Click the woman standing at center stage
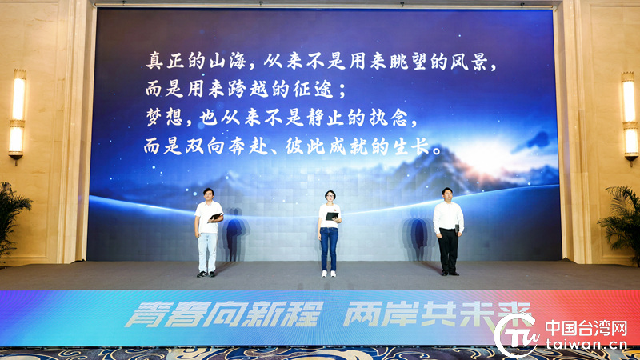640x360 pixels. (x=329, y=233)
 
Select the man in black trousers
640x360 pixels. (x=448, y=231)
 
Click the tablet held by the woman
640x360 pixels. (x=331, y=216)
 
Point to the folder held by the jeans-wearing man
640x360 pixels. (x=215, y=217)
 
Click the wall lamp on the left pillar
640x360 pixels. (x=17, y=116)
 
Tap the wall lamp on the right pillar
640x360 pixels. (x=630, y=118)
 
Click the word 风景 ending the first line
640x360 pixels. (x=469, y=62)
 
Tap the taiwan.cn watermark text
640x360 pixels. (x=586, y=344)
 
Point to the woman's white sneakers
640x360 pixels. (x=329, y=274)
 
